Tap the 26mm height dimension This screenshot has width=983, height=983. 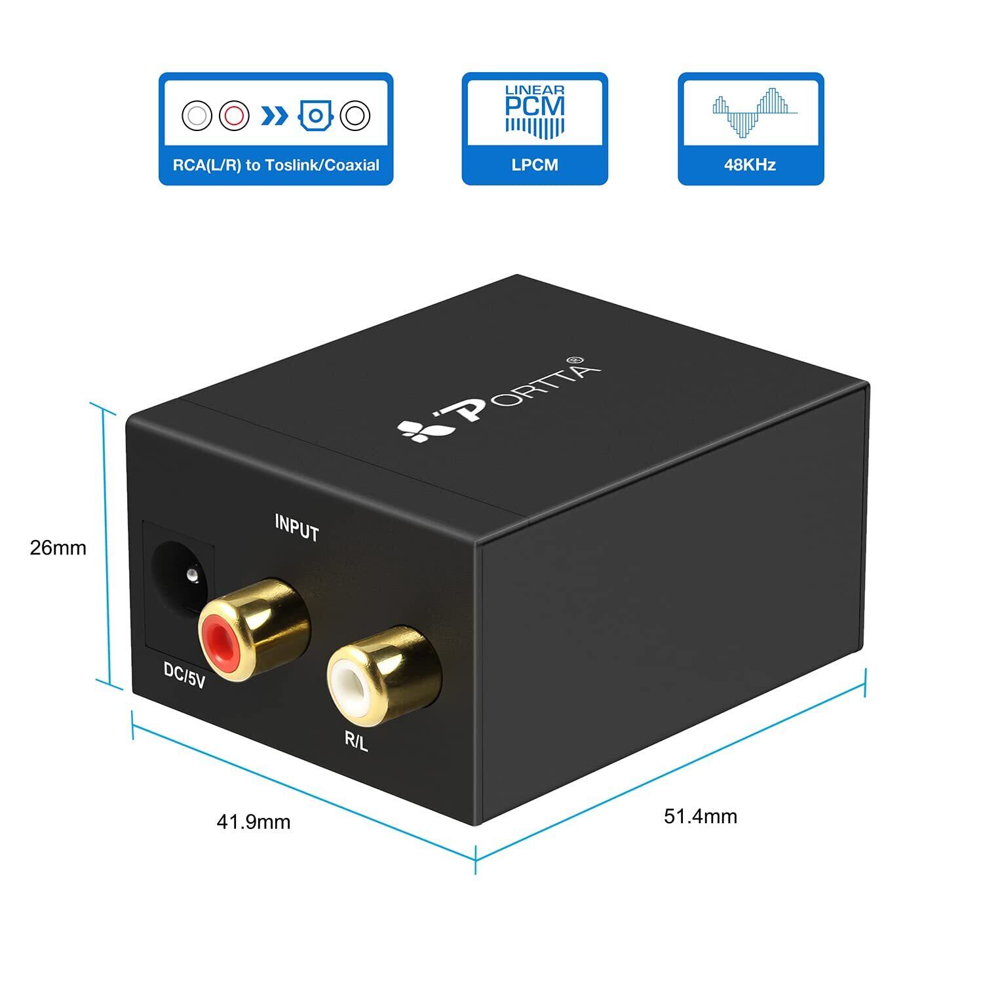58,548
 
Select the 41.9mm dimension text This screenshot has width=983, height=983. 253,821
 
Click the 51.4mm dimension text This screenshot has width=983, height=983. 700,816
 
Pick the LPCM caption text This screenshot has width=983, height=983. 535,165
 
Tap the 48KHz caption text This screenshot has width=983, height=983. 750,165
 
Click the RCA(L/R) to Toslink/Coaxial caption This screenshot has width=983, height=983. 276,165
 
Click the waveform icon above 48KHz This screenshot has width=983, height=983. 751,111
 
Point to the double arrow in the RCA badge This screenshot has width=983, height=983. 274,117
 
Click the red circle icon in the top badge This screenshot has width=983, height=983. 234,116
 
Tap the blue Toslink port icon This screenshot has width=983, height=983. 316,116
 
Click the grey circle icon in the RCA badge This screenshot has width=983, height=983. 197,116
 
